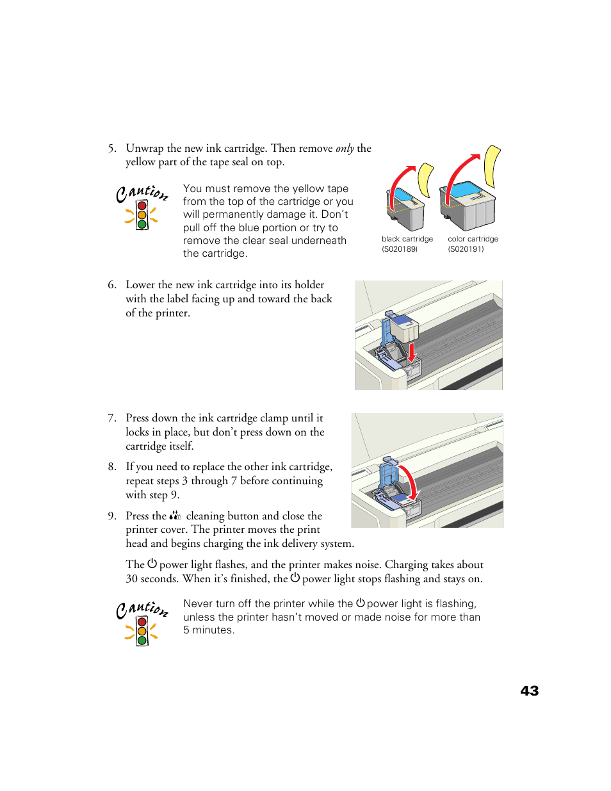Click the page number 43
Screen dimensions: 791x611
(529, 690)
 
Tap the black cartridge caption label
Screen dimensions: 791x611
(407, 239)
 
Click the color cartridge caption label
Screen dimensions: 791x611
(473, 239)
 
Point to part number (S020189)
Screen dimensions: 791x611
(400, 249)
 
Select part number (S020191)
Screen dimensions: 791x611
(466, 249)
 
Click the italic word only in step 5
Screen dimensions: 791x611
(345, 149)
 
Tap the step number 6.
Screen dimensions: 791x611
(111, 285)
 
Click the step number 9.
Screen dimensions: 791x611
(111, 516)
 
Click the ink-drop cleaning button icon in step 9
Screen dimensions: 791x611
(175, 516)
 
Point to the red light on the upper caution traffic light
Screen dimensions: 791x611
(142, 206)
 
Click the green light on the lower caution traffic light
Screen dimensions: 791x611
(142, 640)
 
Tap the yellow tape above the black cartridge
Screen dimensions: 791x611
(425, 179)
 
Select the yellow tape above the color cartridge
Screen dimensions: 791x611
(492, 165)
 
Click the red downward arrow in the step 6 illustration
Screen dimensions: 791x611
(412, 352)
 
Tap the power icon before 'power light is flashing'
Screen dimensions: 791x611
(361, 603)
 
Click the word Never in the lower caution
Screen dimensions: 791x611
(198, 604)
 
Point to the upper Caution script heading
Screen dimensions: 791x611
(142, 192)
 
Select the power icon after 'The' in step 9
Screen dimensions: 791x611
(152, 564)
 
